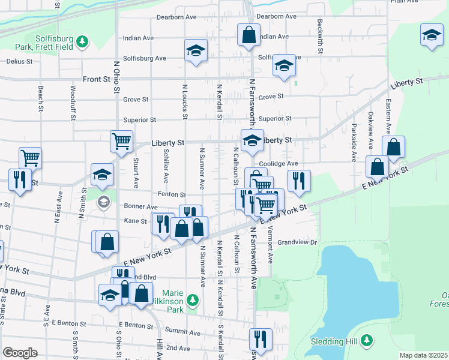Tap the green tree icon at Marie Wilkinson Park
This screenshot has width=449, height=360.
pyautogui.click(x=192, y=299)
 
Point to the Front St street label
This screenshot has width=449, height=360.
pyautogui.click(x=97, y=79)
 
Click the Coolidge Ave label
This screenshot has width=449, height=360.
pyautogui.click(x=279, y=163)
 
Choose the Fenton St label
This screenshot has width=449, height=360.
pyautogui.click(x=172, y=194)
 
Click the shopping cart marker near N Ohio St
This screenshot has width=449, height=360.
pyautogui.click(x=121, y=142)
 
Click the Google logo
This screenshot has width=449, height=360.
pyautogui.click(x=20, y=353)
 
